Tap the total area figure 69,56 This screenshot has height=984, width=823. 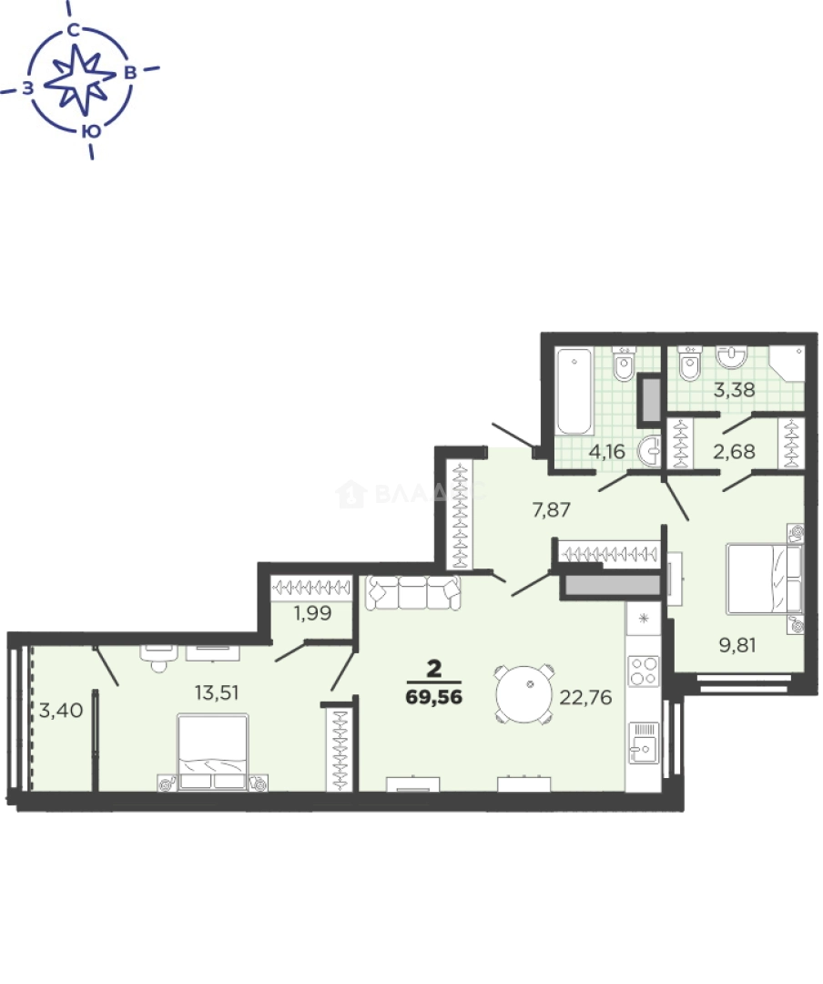[434, 697]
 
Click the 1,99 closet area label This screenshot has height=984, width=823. [311, 613]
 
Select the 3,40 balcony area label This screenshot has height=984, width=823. [58, 710]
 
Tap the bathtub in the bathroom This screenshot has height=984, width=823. [575, 392]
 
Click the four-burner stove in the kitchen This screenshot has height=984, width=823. [645, 671]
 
